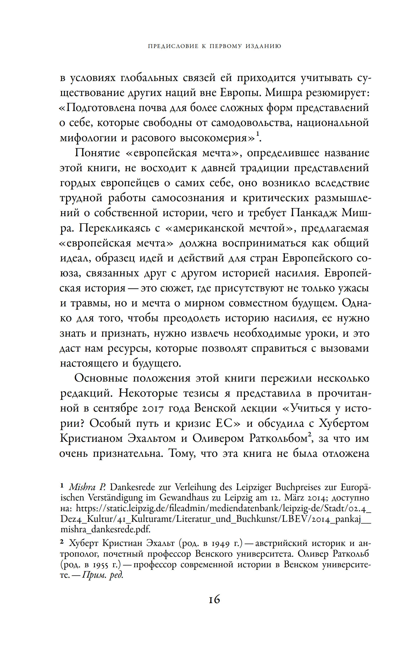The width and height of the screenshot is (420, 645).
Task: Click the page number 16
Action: coord(214,600)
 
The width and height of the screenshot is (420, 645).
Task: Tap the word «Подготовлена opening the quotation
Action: coord(96,108)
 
